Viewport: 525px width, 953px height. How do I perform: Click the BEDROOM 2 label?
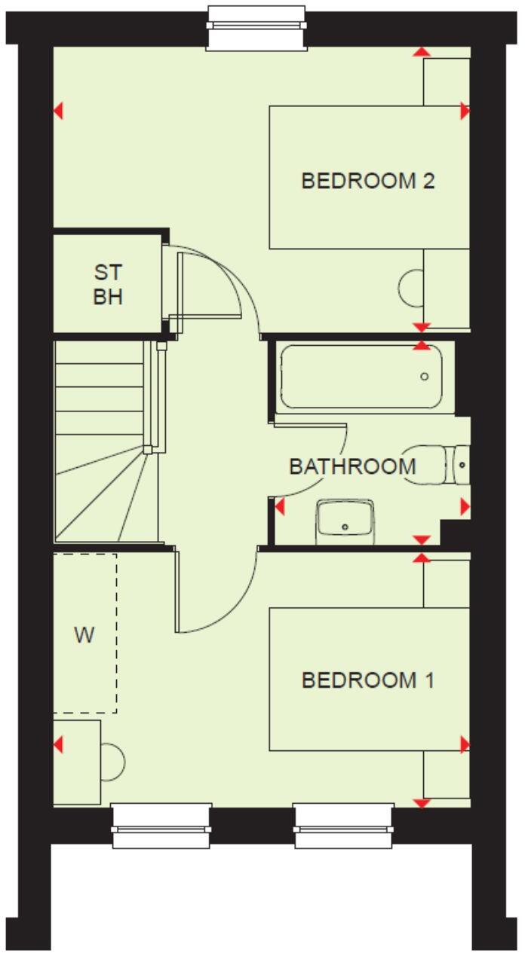pos(368,182)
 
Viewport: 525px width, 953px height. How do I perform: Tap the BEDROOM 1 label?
pos(368,681)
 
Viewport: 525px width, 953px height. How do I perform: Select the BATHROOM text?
pos(352,466)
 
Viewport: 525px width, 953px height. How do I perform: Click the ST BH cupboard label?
pos(108,284)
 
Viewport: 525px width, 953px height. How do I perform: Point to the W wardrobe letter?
pos(84,635)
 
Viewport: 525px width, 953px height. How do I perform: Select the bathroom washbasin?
pos(345,519)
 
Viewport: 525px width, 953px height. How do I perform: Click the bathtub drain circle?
pos(425,377)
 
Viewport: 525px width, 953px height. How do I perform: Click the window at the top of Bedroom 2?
pos(257,29)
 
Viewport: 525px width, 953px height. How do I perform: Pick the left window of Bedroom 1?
pos(161,826)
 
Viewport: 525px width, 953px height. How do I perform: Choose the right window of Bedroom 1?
pos(344,826)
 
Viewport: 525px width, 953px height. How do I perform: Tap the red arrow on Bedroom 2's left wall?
pos(58,111)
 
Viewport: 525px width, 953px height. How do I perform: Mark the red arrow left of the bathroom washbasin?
pos(280,507)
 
